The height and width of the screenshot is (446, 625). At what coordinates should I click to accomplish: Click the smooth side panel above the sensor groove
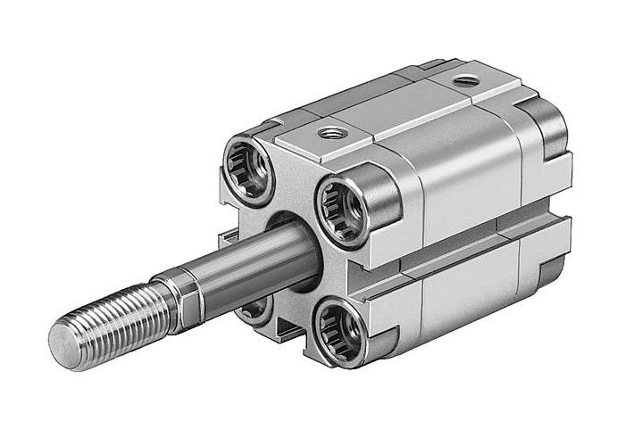click(464, 174)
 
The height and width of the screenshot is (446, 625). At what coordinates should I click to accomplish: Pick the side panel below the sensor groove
click(464, 285)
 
